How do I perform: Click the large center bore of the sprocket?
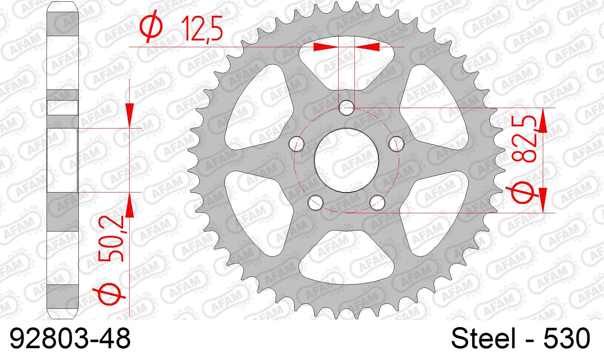tap(346, 160)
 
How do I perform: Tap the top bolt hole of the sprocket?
tap(346, 108)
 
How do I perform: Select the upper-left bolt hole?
tap(296, 143)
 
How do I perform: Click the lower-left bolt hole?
tap(315, 203)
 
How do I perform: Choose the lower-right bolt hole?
tap(377, 203)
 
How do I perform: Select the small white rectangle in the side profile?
tap(63, 108)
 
